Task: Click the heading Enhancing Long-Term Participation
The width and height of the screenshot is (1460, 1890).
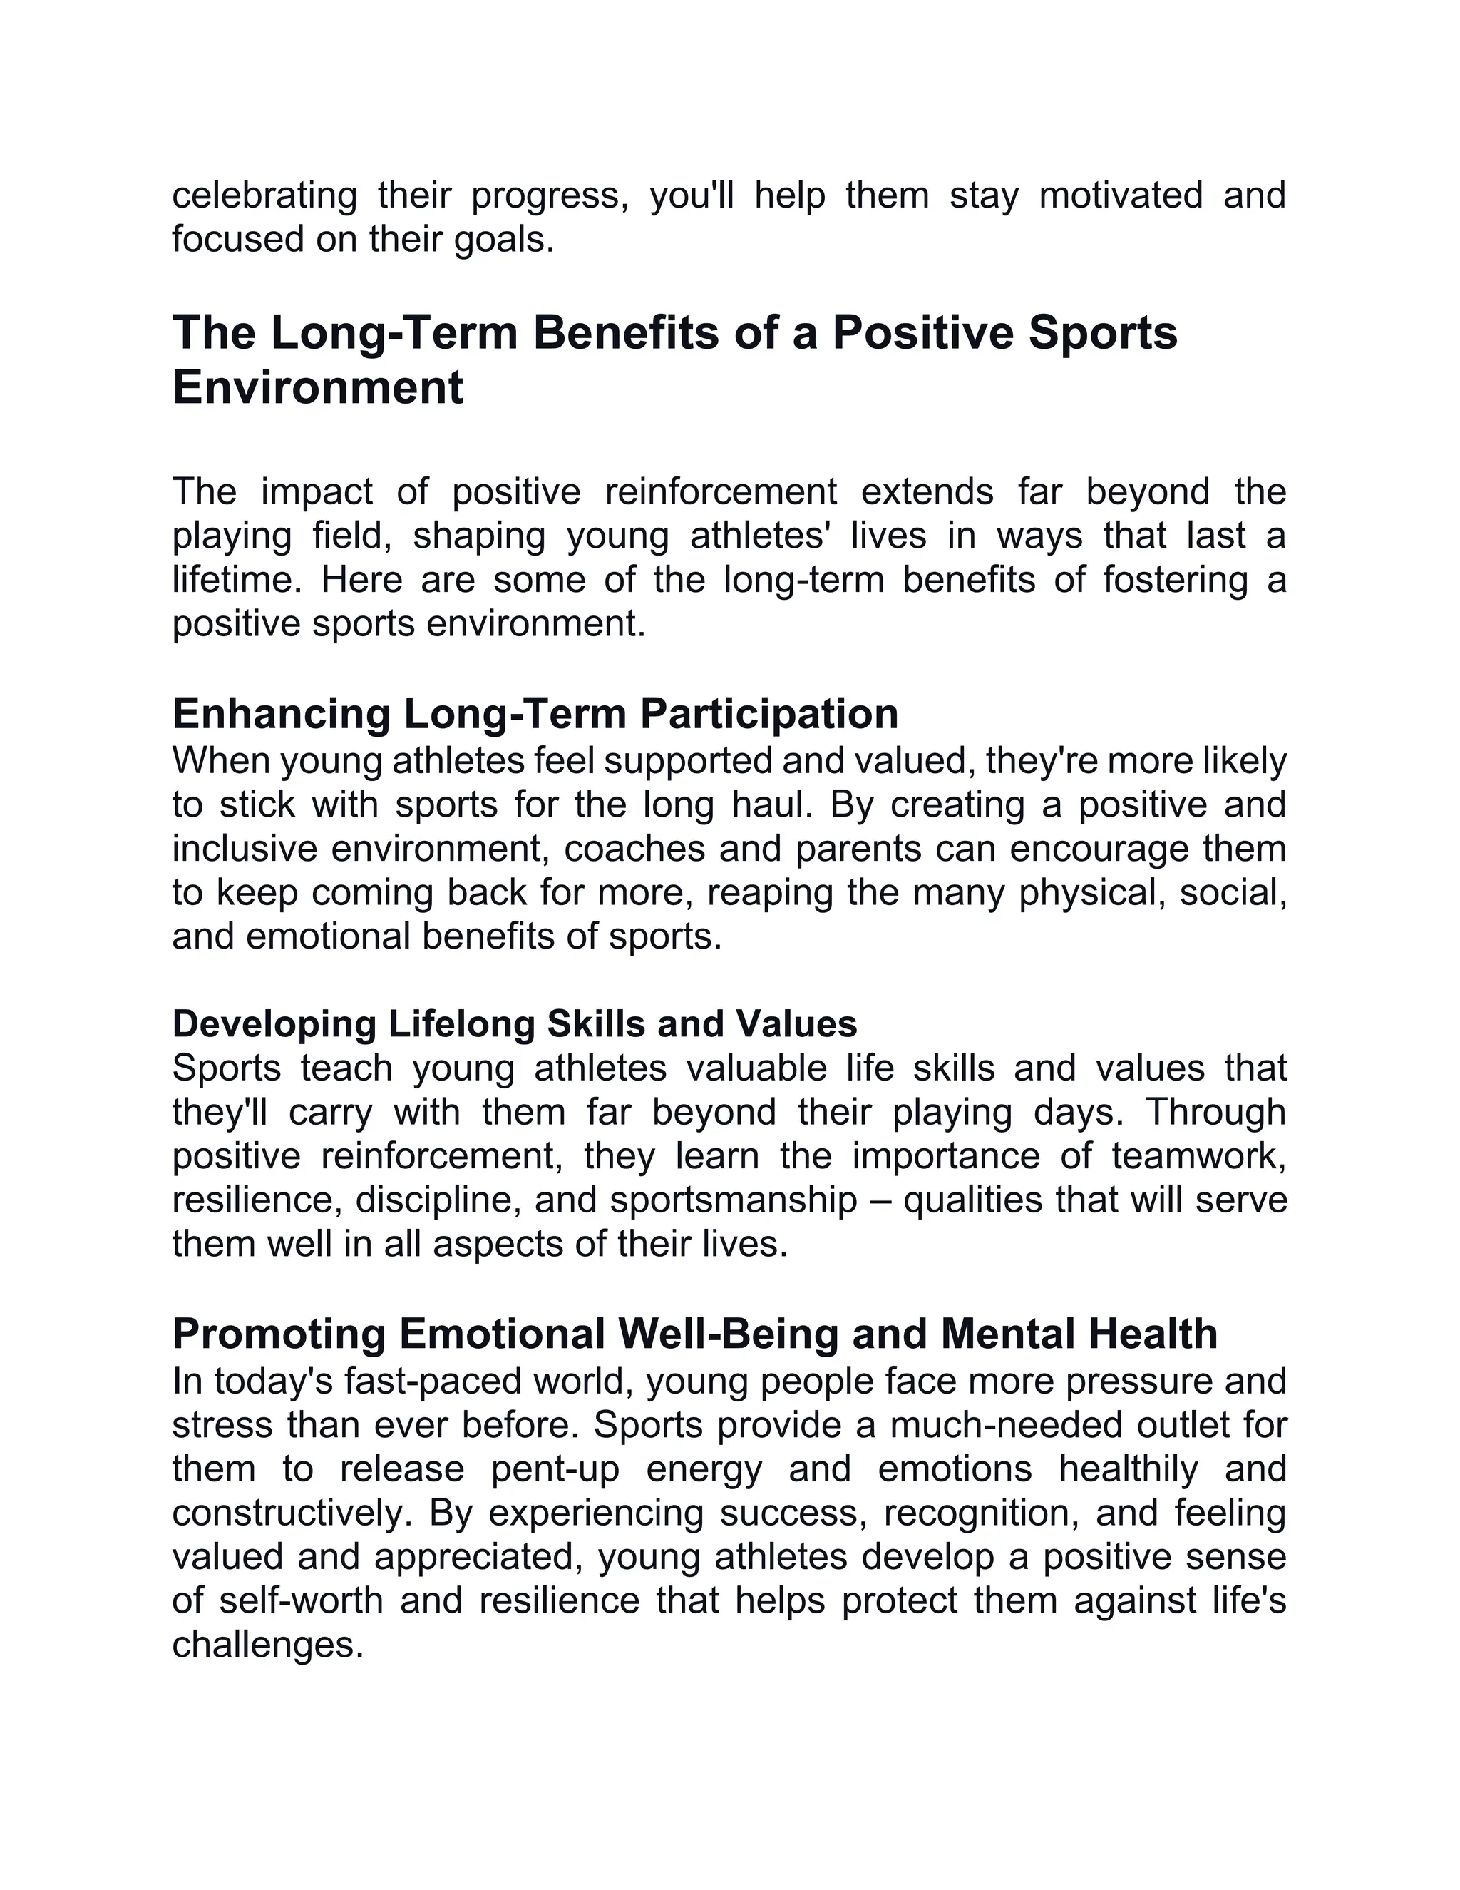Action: tap(535, 714)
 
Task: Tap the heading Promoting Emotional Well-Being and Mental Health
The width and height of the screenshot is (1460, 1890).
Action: tap(694, 1334)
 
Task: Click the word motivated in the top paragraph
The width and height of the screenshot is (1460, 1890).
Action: tap(1120, 195)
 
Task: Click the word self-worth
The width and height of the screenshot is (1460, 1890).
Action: tap(300, 1601)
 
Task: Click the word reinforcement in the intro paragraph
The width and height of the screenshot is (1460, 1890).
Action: tap(721, 492)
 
